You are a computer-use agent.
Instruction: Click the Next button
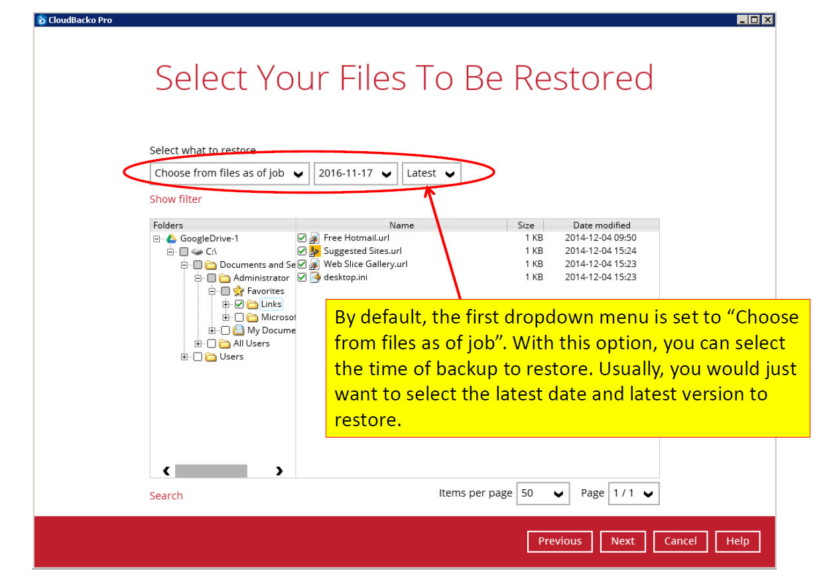click(623, 542)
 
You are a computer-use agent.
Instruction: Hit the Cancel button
click(680, 542)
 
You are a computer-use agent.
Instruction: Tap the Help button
click(737, 542)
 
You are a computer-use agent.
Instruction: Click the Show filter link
click(176, 200)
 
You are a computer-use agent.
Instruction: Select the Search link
click(166, 496)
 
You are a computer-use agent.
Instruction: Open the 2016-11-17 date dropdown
click(355, 174)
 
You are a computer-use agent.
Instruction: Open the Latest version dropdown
click(432, 174)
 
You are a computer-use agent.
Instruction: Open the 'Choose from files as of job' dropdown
click(229, 174)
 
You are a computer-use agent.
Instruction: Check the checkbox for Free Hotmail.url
click(302, 238)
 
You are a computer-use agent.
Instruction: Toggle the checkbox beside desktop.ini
click(302, 278)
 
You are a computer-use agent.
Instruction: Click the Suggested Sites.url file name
click(363, 251)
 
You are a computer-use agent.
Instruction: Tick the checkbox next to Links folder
click(239, 304)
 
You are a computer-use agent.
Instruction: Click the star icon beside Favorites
click(238, 291)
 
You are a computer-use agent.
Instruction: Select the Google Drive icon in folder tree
click(171, 239)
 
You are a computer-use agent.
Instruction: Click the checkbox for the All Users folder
click(212, 344)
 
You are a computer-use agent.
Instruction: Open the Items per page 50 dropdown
click(543, 493)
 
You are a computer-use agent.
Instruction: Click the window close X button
click(768, 20)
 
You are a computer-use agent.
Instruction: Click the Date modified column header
click(602, 225)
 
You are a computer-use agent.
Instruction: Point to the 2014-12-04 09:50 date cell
click(600, 238)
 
